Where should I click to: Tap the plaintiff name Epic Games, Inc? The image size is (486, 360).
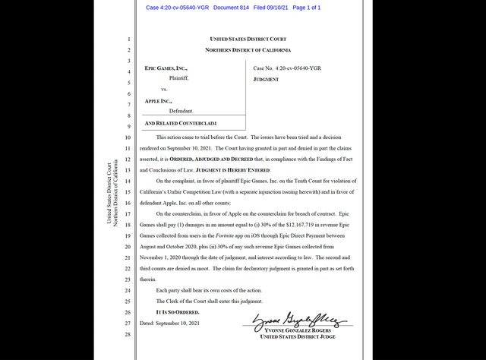pyautogui.click(x=166, y=68)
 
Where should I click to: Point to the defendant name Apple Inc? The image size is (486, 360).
pyautogui.click(x=158, y=100)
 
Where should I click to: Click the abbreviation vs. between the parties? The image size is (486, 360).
pyautogui.click(x=164, y=89)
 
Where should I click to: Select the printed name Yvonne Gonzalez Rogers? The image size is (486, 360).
pyautogui.click(x=301, y=330)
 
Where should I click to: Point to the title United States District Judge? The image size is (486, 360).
pyautogui.click(x=301, y=337)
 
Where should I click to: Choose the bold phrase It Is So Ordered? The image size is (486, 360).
pyautogui.click(x=177, y=312)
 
